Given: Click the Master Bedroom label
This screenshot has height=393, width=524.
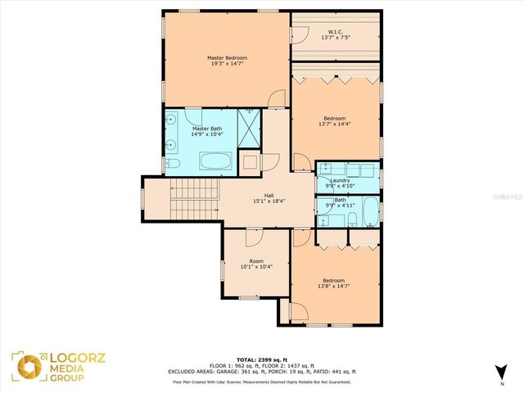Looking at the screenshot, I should click(x=227, y=58).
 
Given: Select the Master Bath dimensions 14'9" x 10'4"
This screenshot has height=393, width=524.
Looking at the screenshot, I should click(x=206, y=135).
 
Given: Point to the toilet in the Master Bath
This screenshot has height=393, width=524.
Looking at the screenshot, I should click(x=174, y=165).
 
